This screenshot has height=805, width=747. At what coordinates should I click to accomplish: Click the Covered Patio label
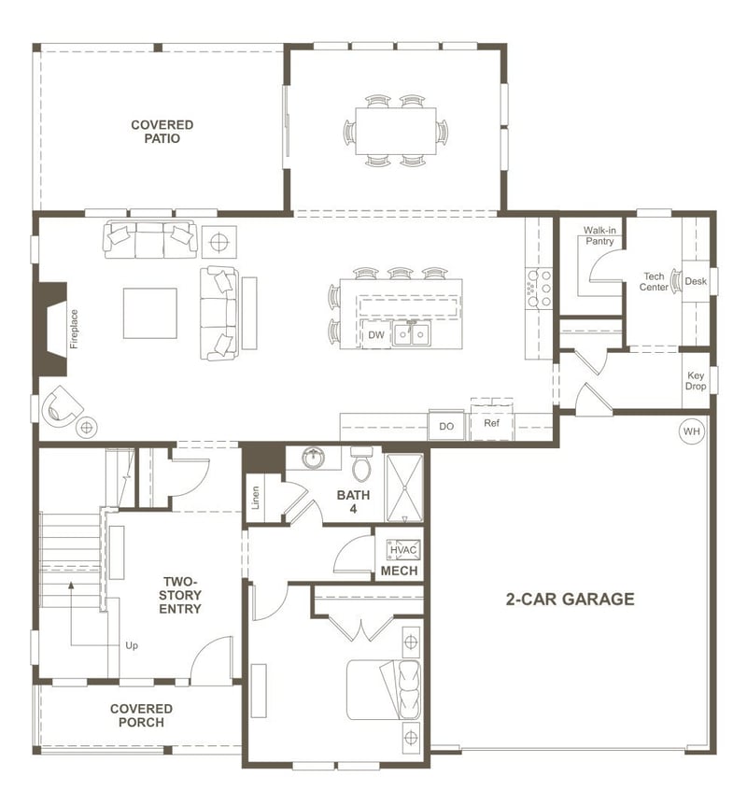(x=162, y=132)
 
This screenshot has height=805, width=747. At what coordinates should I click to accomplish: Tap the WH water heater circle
(x=691, y=431)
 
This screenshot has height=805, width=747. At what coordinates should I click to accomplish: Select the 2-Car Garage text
(x=570, y=600)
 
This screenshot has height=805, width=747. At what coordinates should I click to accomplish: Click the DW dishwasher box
(x=376, y=334)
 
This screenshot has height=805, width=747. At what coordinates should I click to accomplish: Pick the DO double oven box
(x=446, y=426)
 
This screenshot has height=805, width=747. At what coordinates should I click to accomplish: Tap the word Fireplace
(x=75, y=329)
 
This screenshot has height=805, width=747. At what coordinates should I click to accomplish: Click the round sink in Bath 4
(x=312, y=459)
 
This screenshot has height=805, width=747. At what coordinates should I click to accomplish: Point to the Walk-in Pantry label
(x=599, y=235)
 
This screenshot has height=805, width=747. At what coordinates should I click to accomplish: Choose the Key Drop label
(x=696, y=381)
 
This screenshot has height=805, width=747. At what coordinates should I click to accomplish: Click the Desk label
(x=696, y=281)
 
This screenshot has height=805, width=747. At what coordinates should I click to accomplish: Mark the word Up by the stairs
(x=132, y=645)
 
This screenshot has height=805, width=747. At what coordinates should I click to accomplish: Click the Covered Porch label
(x=141, y=715)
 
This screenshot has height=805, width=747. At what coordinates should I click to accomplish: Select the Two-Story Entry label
(x=180, y=595)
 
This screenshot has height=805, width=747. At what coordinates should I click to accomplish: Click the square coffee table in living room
(x=150, y=314)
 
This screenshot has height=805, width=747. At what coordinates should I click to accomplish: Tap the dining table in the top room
(x=395, y=131)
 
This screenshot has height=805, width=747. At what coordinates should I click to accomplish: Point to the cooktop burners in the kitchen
(x=540, y=289)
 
